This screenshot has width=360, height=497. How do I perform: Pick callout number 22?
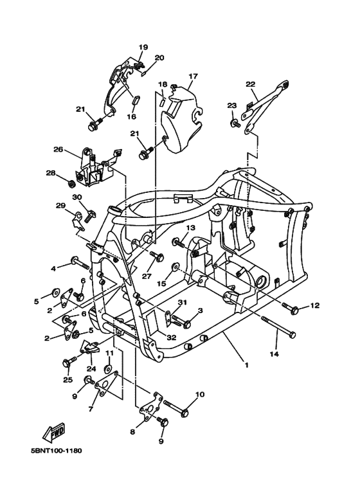coord(251,84)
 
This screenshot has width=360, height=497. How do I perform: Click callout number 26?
coord(59,149)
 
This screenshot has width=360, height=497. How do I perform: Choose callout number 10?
coord(199,394)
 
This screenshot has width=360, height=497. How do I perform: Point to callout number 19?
coord(143,47)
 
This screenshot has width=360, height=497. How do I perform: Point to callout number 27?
coord(147,276)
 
